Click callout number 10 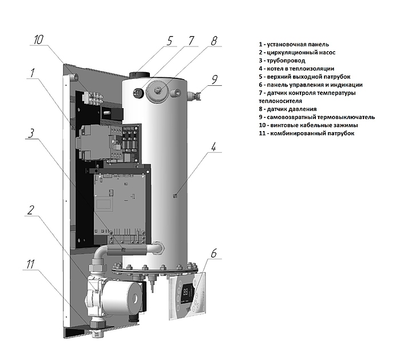click(39, 41)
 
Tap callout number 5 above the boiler click(169, 41)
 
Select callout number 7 click(191, 41)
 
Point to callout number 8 click(213, 41)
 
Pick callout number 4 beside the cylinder click(213, 147)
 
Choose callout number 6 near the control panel click(213, 252)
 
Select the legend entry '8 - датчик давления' click(287, 109)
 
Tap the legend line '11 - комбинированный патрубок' click(306, 133)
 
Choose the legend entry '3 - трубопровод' click(282, 60)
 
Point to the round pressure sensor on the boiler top click(159, 90)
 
